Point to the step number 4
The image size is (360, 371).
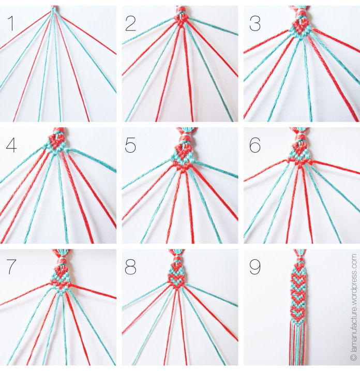point(11,145)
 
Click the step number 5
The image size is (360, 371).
point(131,145)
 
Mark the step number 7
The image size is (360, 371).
point(10,268)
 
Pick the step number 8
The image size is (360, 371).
point(131,268)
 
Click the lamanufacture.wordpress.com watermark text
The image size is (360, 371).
point(354,300)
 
